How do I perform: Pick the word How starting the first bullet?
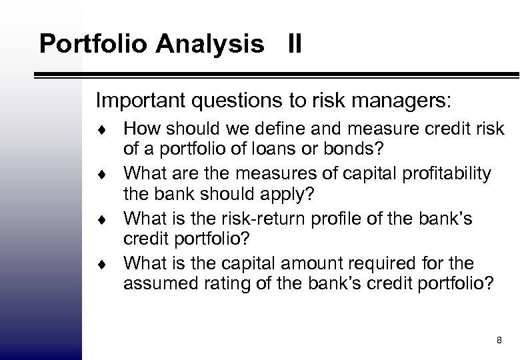click(x=139, y=128)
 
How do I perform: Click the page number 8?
click(x=499, y=341)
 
